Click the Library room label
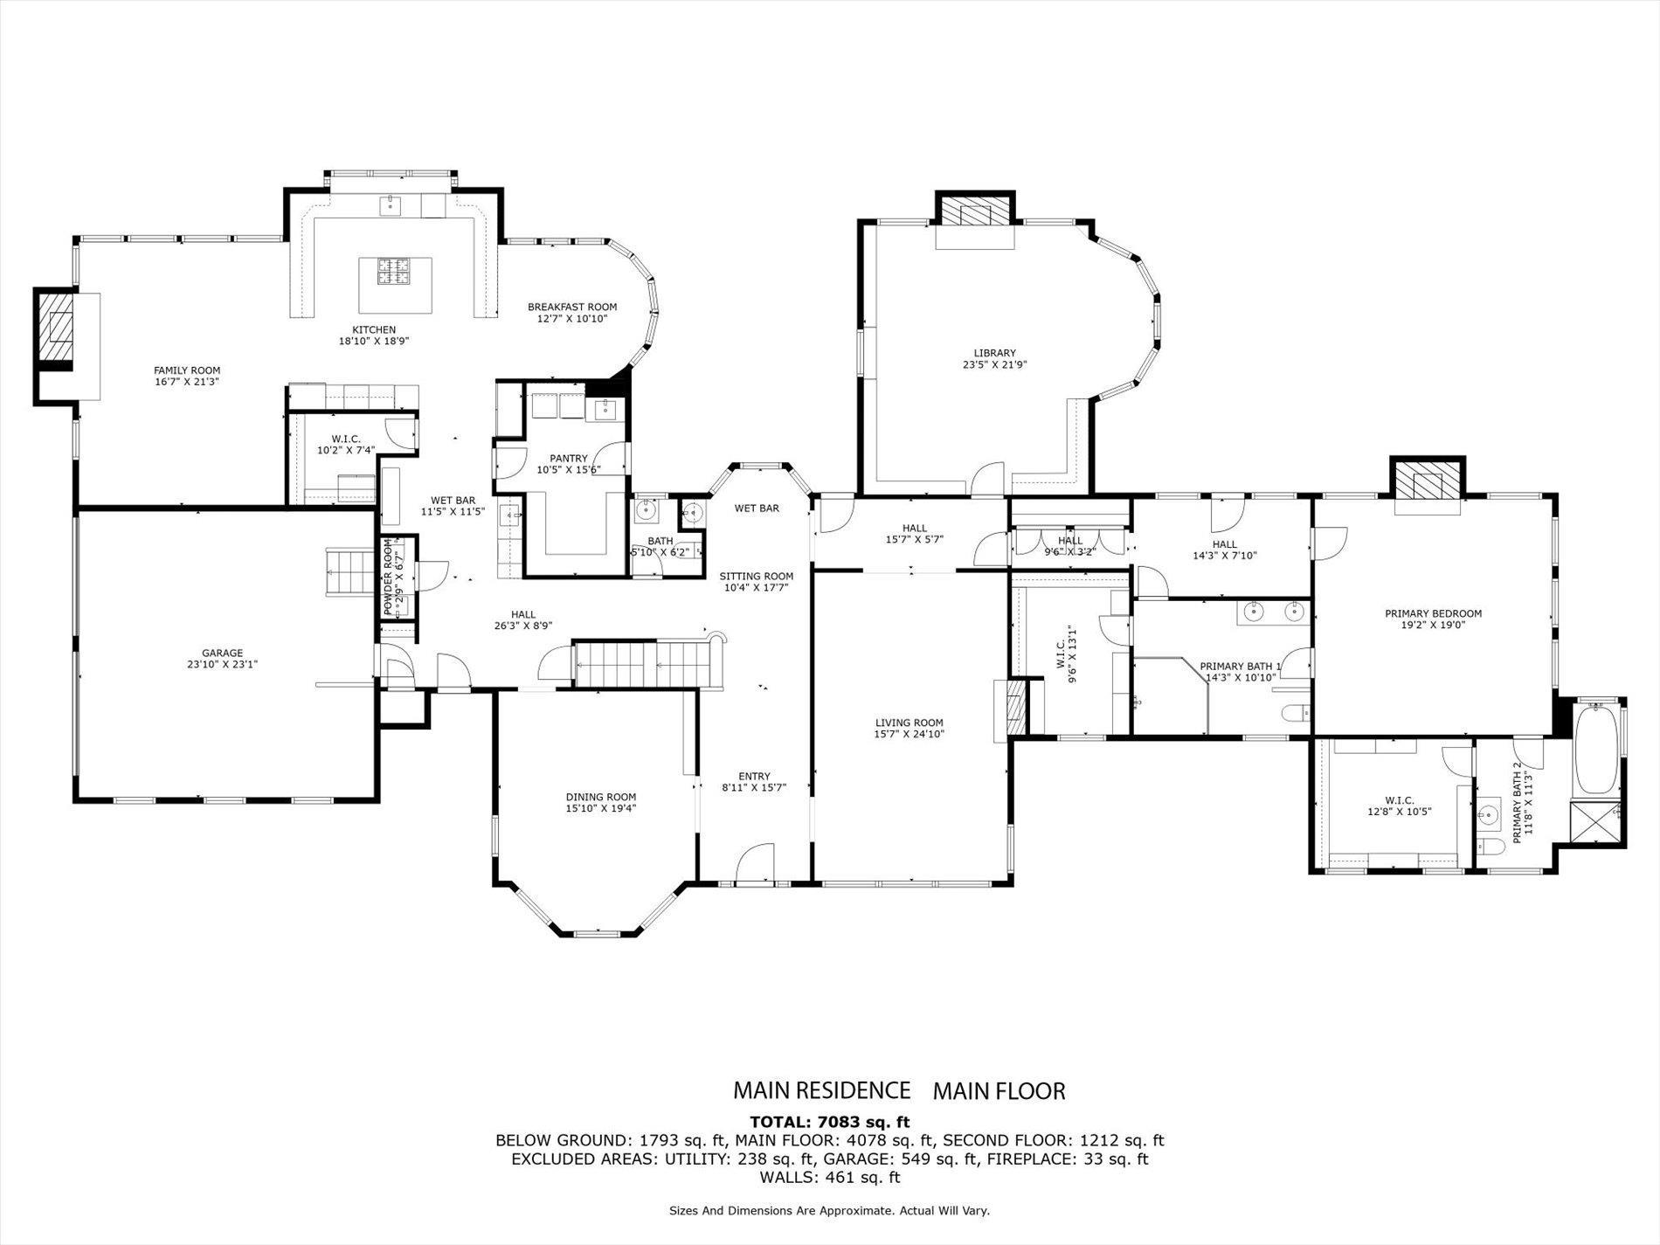994,353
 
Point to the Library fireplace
975,211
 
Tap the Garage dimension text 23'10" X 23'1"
222,664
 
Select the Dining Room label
600,797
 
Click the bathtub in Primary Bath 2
1598,749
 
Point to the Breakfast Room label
572,307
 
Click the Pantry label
568,459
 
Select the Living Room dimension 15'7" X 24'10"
909,734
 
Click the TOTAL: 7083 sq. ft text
829,1122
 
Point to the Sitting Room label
756,577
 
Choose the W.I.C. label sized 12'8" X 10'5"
1399,799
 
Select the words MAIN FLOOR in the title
999,1090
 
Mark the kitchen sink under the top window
389,205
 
